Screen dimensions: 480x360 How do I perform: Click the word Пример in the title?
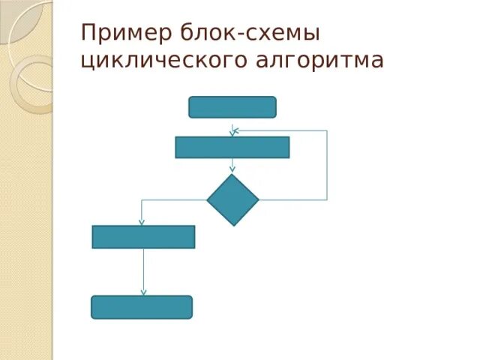(x=127, y=34)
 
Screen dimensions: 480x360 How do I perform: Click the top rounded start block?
(x=232, y=107)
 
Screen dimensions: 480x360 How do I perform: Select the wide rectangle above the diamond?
(x=232, y=147)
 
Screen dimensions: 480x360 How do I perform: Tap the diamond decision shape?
(x=232, y=199)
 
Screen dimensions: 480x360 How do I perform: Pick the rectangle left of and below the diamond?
(x=143, y=237)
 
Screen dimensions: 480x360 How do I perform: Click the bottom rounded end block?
(x=142, y=307)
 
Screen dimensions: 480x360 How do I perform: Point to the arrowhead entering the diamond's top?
(x=232, y=172)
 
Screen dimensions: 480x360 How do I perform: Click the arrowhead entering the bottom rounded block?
(x=143, y=293)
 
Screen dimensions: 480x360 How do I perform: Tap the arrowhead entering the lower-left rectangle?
(x=142, y=223)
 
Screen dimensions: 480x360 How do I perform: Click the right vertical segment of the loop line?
(x=327, y=165)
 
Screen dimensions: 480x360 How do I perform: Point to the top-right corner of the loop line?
(x=327, y=131)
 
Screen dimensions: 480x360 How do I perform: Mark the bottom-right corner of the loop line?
(x=327, y=199)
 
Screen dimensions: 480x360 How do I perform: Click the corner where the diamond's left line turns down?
(x=142, y=199)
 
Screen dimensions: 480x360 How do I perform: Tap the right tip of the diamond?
(x=258, y=199)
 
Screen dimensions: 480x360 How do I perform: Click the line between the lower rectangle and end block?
(x=143, y=270)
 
